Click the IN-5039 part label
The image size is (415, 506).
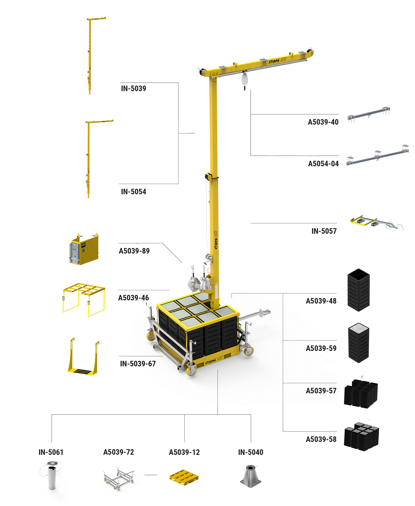[x=133, y=88]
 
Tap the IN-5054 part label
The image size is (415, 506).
[x=133, y=192]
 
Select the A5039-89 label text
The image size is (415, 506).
[x=134, y=251]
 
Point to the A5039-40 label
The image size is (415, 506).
[x=323, y=122]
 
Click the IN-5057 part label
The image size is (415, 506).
[x=324, y=231]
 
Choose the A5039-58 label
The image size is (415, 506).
[x=321, y=439]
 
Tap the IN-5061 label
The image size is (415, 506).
[x=51, y=452]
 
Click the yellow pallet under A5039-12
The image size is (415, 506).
[x=184, y=477]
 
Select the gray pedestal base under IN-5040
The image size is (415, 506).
[x=251, y=476]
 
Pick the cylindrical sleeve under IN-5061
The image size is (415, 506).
[x=52, y=476]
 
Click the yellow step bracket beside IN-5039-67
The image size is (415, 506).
[x=84, y=357]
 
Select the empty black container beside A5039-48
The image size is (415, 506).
[x=359, y=290]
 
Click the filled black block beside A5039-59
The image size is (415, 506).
[x=359, y=343]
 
